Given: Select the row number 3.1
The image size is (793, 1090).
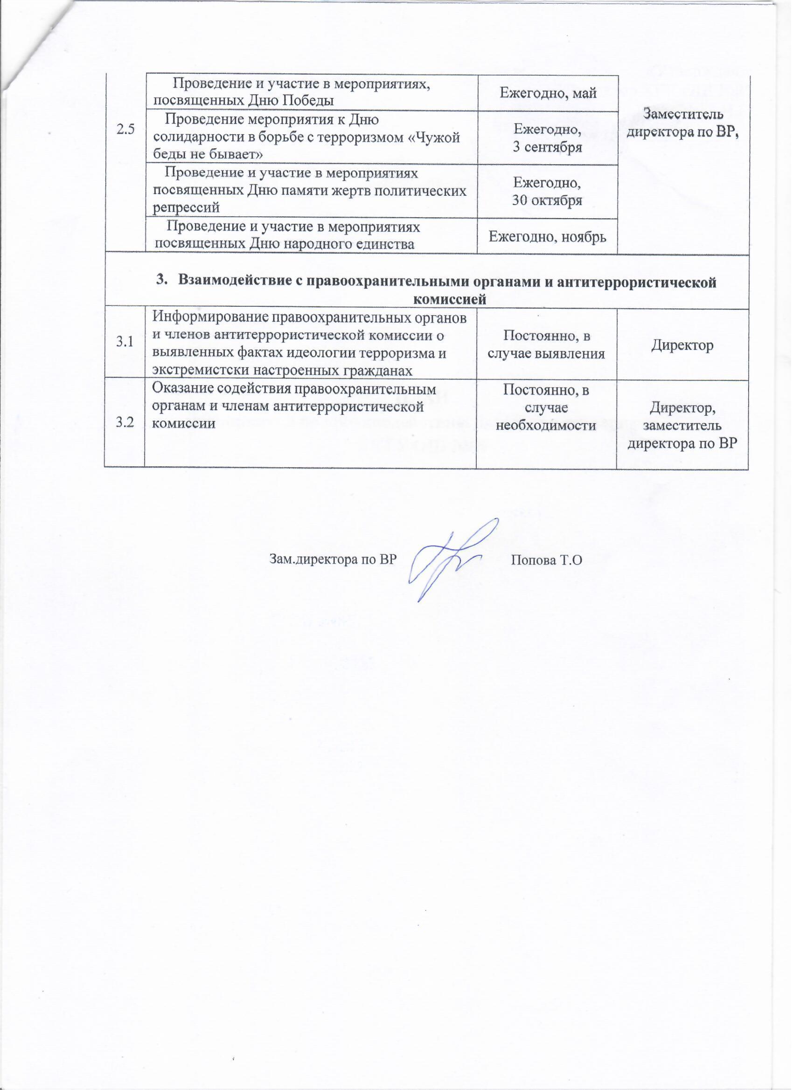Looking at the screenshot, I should [124, 342].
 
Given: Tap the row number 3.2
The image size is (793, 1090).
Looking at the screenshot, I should [124, 422].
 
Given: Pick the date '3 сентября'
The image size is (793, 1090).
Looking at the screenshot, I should [547, 147].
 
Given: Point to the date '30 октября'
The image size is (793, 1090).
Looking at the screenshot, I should [547, 200].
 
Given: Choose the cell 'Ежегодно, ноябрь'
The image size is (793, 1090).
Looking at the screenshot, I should [547, 235].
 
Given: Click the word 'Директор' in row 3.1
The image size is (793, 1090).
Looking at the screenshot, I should [682, 345].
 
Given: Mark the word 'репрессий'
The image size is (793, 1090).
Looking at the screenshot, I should [186, 207].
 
